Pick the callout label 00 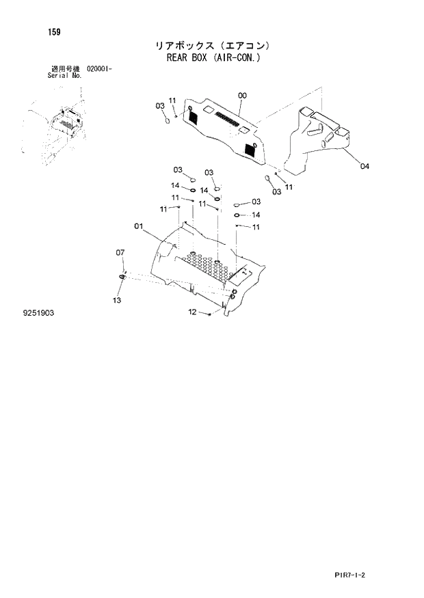point(242,96)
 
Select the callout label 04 point(365,166)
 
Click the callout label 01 point(138,226)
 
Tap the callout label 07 point(120,253)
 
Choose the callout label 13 point(116,300)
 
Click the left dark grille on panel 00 point(192,117)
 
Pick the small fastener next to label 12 point(209,314)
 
